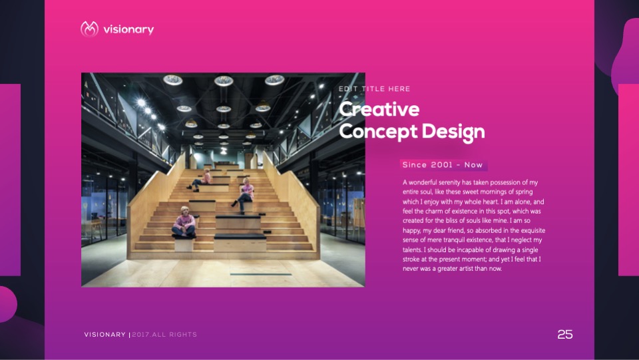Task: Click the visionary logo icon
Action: click(89, 29)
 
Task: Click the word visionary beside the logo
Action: click(128, 29)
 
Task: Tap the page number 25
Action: click(565, 334)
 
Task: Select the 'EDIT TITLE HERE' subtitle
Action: click(375, 89)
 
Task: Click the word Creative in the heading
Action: click(379, 108)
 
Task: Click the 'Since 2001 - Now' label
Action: click(443, 165)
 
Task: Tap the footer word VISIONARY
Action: click(105, 334)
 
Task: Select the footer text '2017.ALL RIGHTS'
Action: click(164, 334)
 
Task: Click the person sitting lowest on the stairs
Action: click(184, 222)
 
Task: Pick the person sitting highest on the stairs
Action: click(200, 179)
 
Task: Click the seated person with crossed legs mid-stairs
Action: click(244, 195)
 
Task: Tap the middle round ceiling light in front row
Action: click(224, 81)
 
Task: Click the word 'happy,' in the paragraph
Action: click(412, 230)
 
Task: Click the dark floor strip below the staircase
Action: click(261, 274)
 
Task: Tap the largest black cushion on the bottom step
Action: click(240, 236)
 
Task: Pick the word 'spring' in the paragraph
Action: click(523, 192)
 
